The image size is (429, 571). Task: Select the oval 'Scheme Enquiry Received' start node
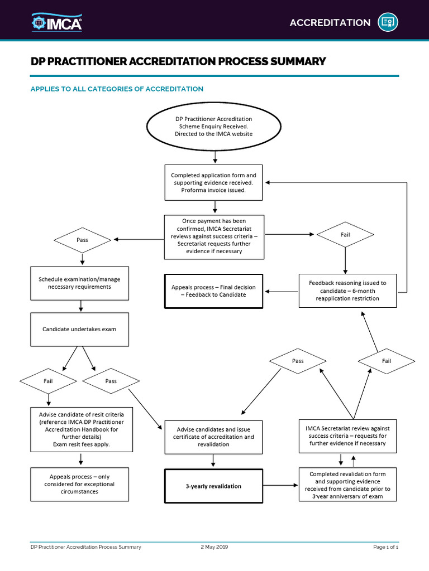click(213, 127)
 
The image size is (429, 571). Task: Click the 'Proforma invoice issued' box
click(213, 182)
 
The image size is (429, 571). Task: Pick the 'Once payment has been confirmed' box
click(213, 236)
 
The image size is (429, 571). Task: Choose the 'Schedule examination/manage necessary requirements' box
click(79, 283)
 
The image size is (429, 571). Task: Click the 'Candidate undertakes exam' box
click(79, 329)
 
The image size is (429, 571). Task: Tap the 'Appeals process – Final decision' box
click(213, 291)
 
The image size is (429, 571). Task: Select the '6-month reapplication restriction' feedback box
click(347, 291)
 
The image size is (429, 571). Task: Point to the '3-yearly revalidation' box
click(213, 486)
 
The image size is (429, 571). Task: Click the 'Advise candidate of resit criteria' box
click(82, 429)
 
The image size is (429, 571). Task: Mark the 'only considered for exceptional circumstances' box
click(82, 484)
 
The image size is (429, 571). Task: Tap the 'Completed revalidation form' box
click(347, 485)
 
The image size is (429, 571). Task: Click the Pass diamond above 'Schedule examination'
click(82, 240)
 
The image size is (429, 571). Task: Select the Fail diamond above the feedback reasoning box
click(345, 235)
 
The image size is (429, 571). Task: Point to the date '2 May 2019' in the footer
click(214, 547)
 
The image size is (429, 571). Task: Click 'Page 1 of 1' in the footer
click(385, 547)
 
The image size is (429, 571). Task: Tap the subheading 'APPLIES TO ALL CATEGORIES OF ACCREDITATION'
click(117, 89)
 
